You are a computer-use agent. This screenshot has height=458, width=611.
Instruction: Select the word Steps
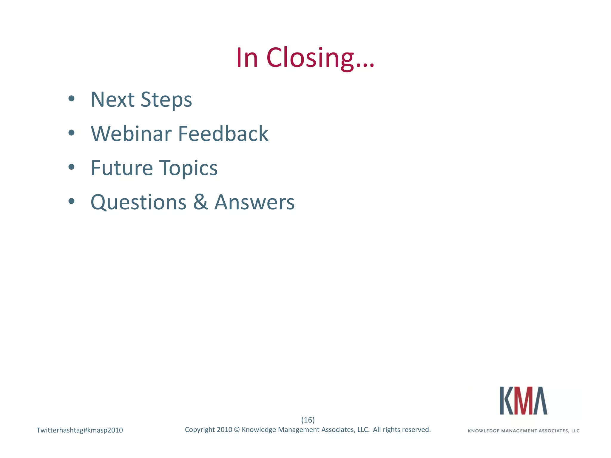point(166,100)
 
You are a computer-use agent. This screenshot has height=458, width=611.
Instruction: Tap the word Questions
point(138,202)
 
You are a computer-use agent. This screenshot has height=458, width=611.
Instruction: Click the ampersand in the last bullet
point(200,202)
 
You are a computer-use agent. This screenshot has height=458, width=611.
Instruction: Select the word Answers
point(254,202)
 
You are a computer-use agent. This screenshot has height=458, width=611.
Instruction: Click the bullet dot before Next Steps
point(71,99)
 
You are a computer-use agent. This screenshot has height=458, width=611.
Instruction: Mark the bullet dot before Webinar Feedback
point(71,133)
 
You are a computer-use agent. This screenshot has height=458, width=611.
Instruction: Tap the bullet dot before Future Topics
point(71,167)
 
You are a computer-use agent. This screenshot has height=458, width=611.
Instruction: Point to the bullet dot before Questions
point(71,201)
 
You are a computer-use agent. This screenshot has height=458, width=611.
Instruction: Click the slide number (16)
point(308,420)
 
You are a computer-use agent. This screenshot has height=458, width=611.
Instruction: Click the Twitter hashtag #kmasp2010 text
point(80,430)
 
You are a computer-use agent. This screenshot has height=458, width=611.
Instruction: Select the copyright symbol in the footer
point(237,430)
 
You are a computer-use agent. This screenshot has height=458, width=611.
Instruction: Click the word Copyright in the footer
point(200,430)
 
